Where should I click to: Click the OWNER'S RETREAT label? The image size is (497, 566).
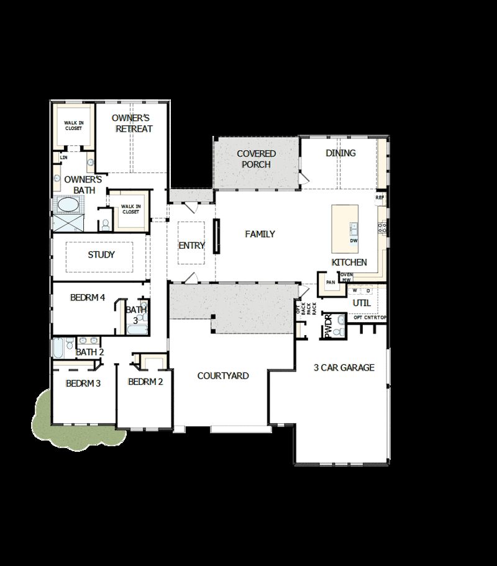(x=132, y=123)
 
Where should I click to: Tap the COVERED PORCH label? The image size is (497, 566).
(x=256, y=159)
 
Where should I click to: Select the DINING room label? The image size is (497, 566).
(x=340, y=153)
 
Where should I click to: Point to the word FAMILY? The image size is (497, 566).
(x=260, y=234)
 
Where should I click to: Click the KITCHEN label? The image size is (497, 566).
(x=349, y=263)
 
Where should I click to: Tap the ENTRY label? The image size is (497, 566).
(x=191, y=245)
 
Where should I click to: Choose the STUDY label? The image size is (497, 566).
(x=101, y=254)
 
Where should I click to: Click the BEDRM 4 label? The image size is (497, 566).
(x=87, y=298)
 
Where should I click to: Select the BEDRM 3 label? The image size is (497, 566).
(x=83, y=384)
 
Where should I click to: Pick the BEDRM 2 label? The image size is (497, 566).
(x=145, y=382)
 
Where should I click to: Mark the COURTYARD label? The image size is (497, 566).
(x=223, y=375)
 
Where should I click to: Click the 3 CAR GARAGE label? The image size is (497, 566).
(x=344, y=367)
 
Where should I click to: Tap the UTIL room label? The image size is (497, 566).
(x=362, y=303)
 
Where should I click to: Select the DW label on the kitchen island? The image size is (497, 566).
(x=353, y=240)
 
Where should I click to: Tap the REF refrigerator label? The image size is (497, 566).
(x=380, y=197)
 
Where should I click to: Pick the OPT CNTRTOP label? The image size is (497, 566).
(x=370, y=318)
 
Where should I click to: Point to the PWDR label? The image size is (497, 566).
(x=328, y=327)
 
